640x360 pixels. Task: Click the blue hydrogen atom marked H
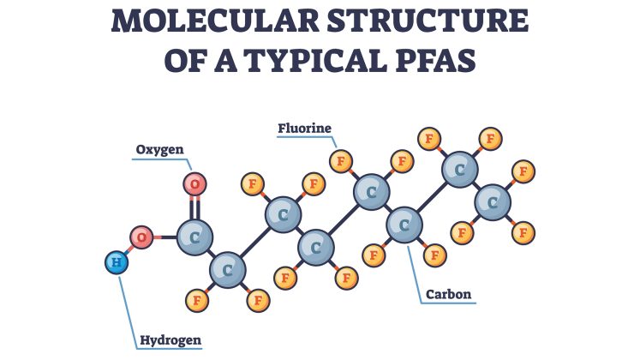pos(117,262)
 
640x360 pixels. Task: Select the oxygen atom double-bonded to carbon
pos(194,184)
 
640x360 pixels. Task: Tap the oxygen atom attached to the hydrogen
pos(141,237)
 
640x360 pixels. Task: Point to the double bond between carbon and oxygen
pos(195,208)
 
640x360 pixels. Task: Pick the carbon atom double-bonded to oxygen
pos(194,237)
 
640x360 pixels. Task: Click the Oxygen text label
pos(159,150)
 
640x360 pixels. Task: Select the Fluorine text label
pos(304,129)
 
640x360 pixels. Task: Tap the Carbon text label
pos(448,294)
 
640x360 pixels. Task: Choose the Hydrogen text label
pos(170,340)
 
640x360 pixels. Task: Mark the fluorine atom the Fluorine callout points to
pos(341,161)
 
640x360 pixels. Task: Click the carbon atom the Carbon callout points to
pos(404,225)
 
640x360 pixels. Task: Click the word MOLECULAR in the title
pos(215,21)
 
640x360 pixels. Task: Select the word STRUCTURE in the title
pos(428,21)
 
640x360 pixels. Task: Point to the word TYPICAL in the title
pos(316,60)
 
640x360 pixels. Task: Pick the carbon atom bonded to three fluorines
pos(493,202)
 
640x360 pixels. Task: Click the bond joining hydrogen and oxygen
pos(129,249)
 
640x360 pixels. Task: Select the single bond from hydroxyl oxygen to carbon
pos(165,237)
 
